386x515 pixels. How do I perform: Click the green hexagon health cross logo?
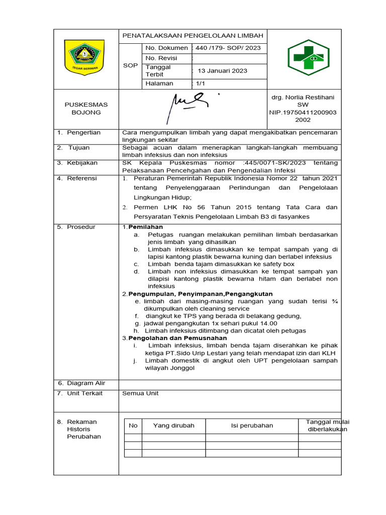[x=308, y=58]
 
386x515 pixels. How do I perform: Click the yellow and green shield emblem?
[x=84, y=56]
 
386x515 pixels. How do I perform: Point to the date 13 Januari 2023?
[x=222, y=71]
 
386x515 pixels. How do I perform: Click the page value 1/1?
[x=200, y=83]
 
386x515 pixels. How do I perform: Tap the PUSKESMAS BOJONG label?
[x=86, y=108]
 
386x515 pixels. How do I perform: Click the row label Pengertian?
[x=83, y=132]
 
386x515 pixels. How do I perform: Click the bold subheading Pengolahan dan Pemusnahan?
[x=177, y=338]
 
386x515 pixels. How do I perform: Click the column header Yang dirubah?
[x=173, y=425]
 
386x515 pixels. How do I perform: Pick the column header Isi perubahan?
[x=252, y=425]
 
